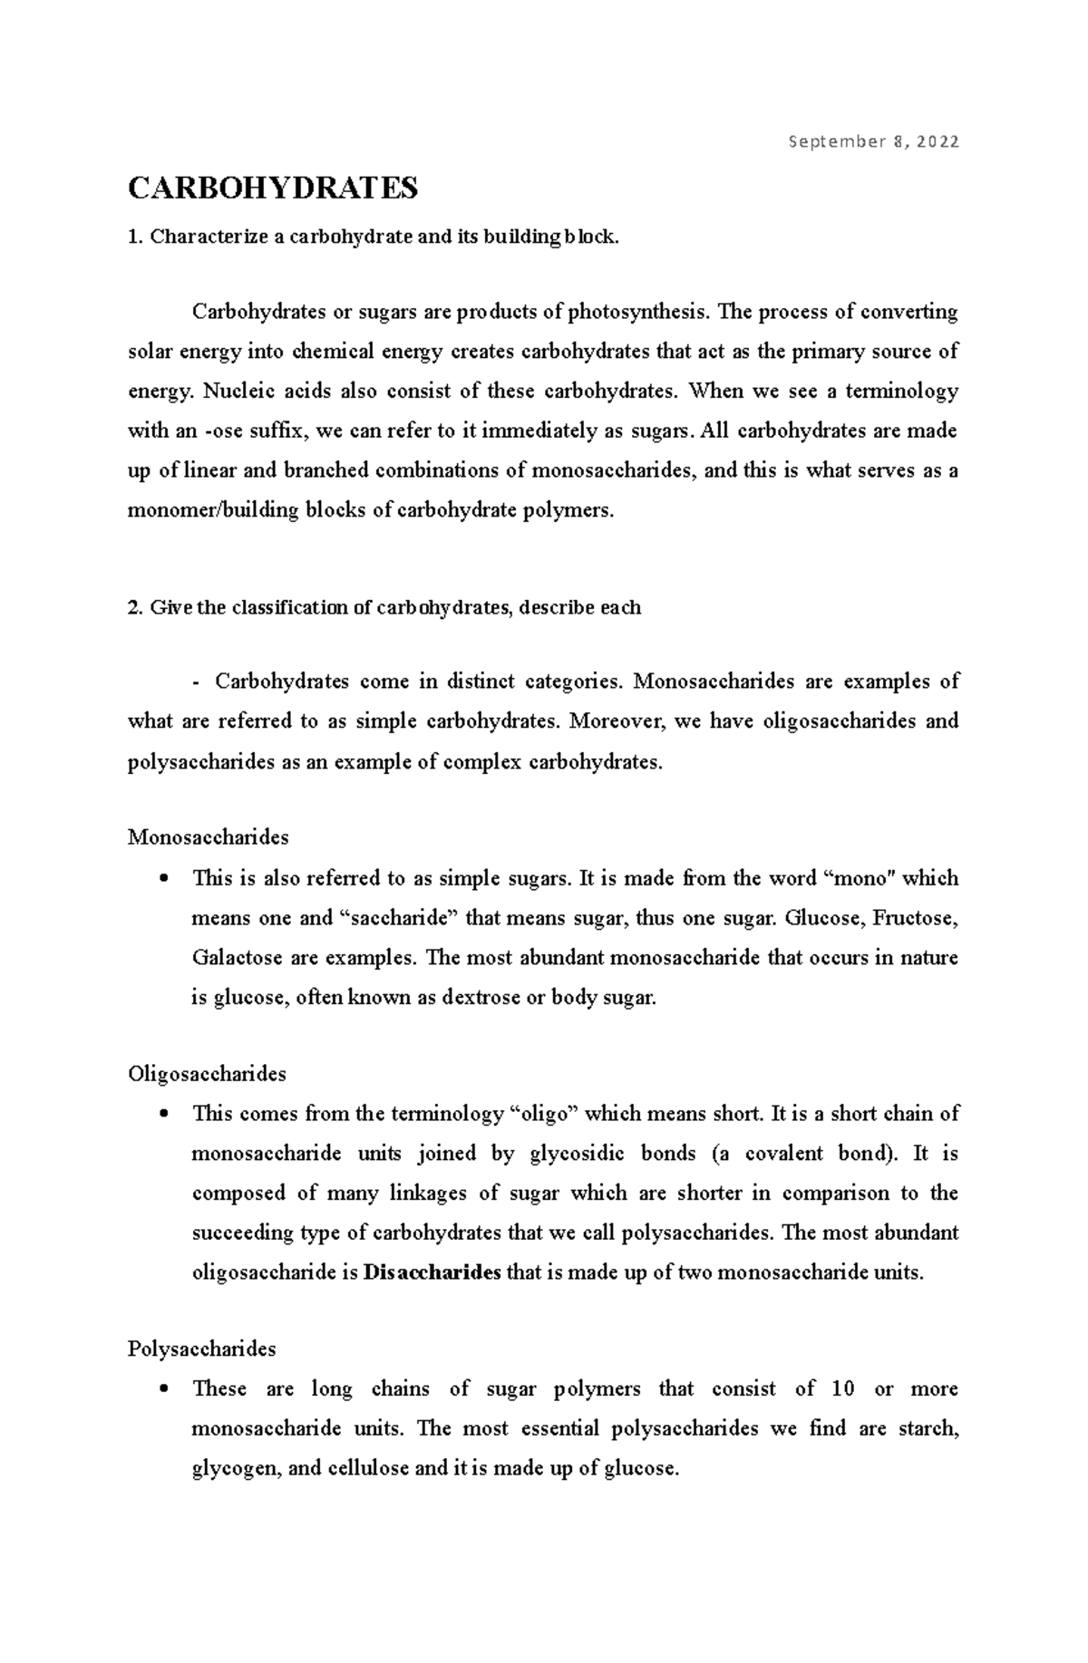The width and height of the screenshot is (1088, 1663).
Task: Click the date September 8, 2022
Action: pos(873,141)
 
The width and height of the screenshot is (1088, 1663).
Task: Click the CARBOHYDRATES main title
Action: pos(273,189)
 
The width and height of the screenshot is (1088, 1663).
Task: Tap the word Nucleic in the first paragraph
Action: pos(236,392)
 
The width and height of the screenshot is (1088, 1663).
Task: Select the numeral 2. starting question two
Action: pos(136,608)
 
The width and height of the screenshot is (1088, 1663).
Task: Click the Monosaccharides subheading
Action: pos(208,836)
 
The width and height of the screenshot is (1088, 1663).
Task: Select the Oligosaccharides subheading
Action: pos(207,1074)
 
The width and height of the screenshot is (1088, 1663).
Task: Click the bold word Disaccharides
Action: pos(432,1272)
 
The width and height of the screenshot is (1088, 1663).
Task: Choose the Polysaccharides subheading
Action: pos(201,1349)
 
